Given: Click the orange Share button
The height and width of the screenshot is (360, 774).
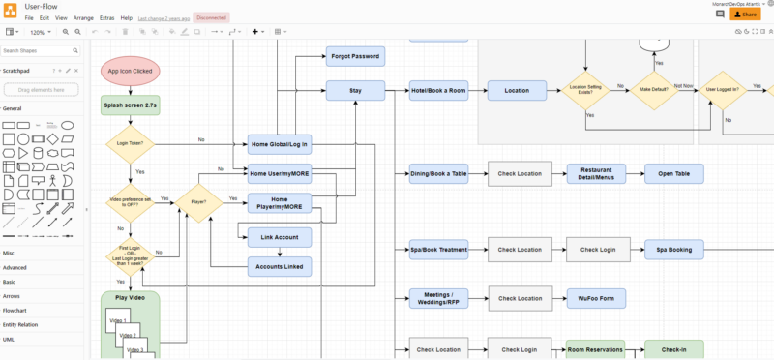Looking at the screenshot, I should click(x=745, y=15).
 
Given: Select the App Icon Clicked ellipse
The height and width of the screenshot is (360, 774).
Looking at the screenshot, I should click(x=130, y=71).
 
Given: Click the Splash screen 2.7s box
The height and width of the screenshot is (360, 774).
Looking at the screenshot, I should click(x=130, y=105).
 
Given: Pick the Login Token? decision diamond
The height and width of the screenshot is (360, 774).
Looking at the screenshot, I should click(x=130, y=144).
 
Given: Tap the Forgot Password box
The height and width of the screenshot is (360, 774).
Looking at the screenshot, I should click(x=355, y=56).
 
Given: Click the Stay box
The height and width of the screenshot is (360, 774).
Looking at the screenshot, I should click(x=355, y=90).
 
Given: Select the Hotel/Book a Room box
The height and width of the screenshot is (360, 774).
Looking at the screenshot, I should click(x=438, y=90).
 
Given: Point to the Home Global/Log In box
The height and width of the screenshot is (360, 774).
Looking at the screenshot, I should click(x=280, y=144).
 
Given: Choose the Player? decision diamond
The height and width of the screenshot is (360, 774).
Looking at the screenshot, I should click(x=198, y=202).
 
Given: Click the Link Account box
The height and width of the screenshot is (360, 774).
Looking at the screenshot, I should click(x=280, y=236).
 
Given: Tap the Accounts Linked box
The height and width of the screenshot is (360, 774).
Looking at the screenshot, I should click(x=280, y=266).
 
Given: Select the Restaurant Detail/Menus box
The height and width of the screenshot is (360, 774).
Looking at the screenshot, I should click(x=597, y=174).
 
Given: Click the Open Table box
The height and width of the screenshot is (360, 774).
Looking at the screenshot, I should click(x=673, y=174).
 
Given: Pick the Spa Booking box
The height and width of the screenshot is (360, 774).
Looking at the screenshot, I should click(x=673, y=250).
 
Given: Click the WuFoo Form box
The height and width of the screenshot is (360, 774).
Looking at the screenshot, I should click(x=597, y=298).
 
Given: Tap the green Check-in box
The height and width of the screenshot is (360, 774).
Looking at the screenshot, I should click(x=673, y=349).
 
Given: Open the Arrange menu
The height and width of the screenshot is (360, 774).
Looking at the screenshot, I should click(x=84, y=18).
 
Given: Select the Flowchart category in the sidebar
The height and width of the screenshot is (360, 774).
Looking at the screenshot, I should click(x=15, y=311).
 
